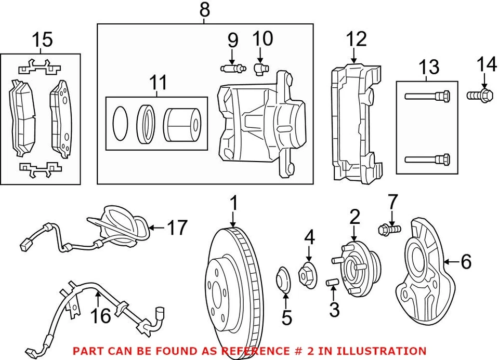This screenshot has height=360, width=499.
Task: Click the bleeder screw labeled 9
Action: click(232, 68)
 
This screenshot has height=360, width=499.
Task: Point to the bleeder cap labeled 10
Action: click(259, 67)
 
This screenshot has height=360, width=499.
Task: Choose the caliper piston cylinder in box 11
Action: click(181, 126)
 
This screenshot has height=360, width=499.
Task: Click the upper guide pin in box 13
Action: click(427, 96)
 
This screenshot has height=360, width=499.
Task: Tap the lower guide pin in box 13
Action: click(427, 159)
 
